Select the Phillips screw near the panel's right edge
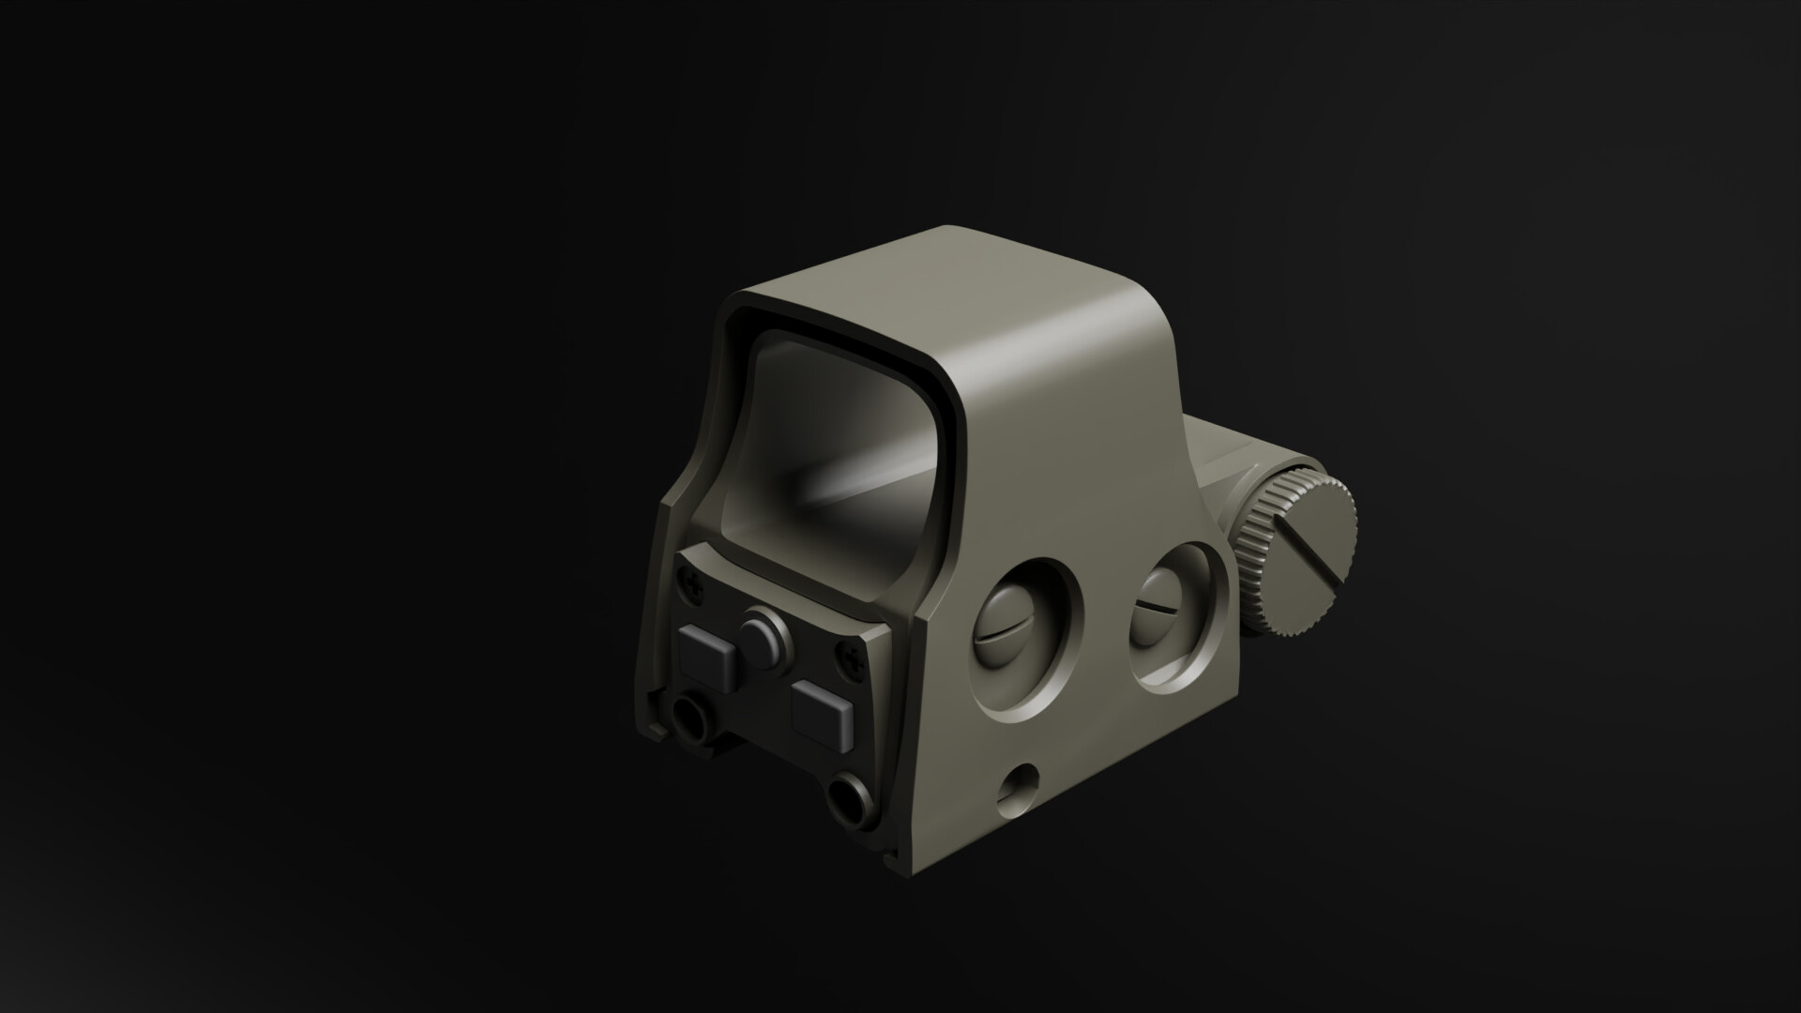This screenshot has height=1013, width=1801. [x=853, y=659]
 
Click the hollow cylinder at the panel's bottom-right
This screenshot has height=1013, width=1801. [x=851, y=797]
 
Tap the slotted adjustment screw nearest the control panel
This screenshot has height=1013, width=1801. [x=1008, y=634]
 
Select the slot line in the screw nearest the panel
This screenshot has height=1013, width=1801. [x=1007, y=635]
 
